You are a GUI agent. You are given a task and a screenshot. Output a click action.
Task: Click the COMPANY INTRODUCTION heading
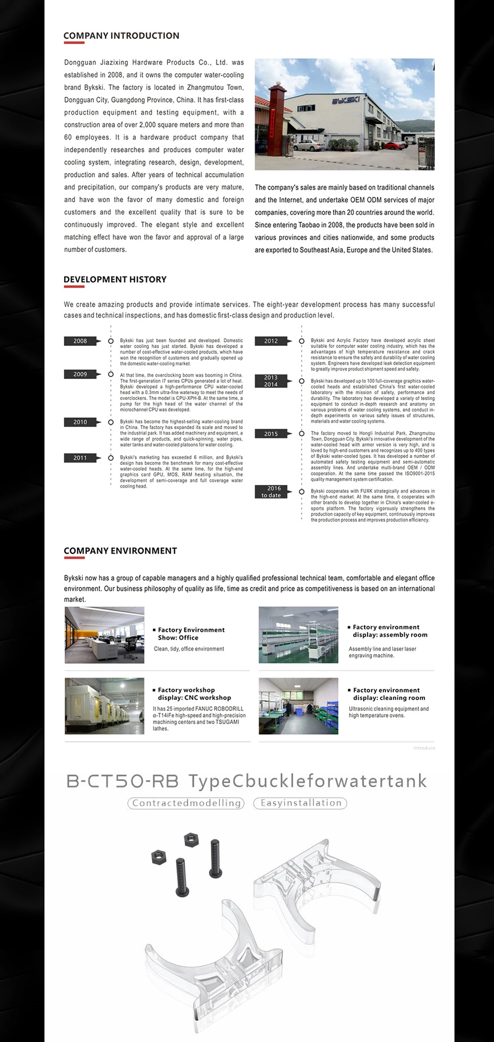tap(121, 36)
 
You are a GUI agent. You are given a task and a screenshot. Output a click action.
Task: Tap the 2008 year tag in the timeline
tap(81, 341)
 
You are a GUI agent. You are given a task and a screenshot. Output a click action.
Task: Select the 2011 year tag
tap(81, 458)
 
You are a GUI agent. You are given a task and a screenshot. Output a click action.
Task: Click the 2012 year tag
tap(271, 341)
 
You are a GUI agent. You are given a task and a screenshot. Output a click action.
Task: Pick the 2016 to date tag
tap(271, 492)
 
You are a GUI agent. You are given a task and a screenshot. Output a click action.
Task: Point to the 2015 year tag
tap(271, 434)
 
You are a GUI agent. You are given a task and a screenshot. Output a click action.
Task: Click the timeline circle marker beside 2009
tap(111, 374)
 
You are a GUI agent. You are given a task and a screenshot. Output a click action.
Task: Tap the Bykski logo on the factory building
tap(345, 100)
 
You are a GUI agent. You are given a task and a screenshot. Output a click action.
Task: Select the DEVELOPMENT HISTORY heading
tap(115, 279)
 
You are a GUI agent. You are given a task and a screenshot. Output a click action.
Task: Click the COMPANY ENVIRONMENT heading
tap(120, 551)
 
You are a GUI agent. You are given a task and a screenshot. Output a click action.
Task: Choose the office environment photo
tap(105, 635)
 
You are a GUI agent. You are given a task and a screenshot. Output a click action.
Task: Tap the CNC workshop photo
tap(105, 706)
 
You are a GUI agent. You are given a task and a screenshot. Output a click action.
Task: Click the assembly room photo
tap(298, 635)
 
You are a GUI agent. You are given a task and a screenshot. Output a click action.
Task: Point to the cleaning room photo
tap(298, 706)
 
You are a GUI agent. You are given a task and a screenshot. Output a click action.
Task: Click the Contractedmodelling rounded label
tap(186, 803)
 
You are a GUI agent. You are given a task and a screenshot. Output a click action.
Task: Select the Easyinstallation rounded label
tap(300, 803)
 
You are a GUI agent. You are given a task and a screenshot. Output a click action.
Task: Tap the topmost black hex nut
tap(191, 840)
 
